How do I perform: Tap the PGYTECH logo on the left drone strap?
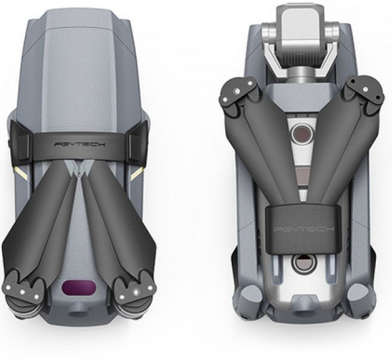pyautogui.click(x=80, y=145)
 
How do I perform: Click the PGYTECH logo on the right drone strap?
pyautogui.click(x=304, y=228)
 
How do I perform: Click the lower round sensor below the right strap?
pyautogui.click(x=303, y=264)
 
